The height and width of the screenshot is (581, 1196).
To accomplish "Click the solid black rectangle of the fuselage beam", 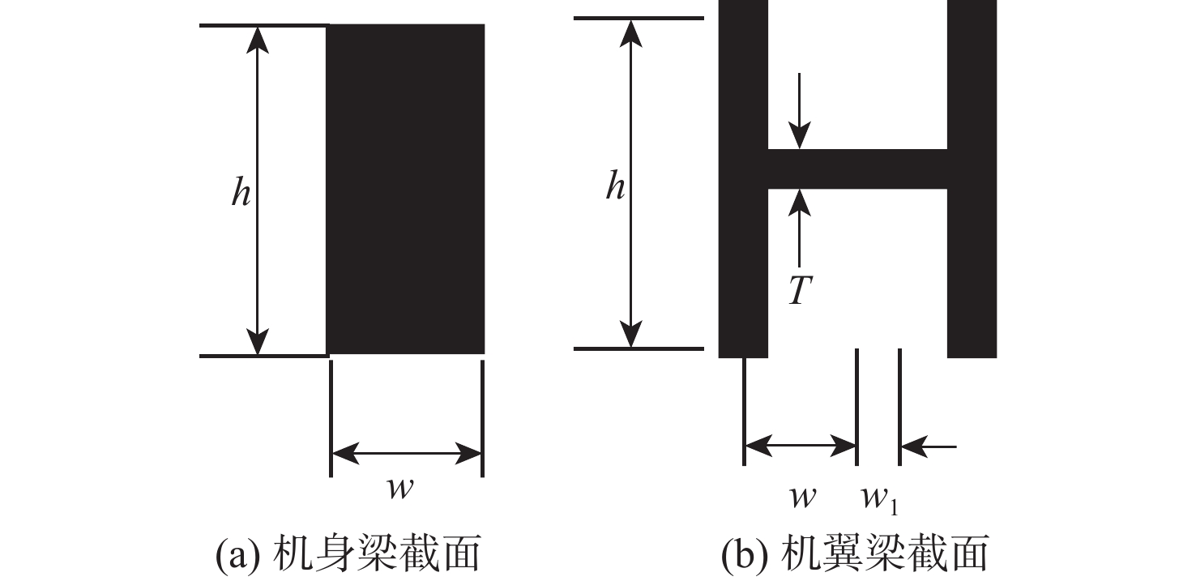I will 405,189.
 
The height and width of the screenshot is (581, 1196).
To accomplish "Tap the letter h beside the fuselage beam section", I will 241,194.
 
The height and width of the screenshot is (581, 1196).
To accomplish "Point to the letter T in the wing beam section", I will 799,291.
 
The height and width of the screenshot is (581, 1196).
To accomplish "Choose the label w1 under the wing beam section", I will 880,500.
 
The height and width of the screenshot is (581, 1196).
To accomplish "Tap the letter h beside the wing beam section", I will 616,187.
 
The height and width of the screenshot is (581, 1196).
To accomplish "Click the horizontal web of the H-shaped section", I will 856,169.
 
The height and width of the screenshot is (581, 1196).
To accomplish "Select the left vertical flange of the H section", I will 743,178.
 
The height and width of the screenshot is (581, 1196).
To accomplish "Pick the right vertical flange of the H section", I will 972,178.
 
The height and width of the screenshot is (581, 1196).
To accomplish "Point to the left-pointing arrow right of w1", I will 928,445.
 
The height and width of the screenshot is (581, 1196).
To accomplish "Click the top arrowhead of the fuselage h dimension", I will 258,37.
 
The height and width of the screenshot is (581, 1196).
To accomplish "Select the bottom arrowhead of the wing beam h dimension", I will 632,336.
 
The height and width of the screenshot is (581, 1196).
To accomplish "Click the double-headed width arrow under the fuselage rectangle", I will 407,454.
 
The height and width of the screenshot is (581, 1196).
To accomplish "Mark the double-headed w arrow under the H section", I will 801,445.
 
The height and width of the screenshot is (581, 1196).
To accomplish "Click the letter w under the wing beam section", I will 802,497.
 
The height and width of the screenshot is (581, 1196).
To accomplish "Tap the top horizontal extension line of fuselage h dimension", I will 263,26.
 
